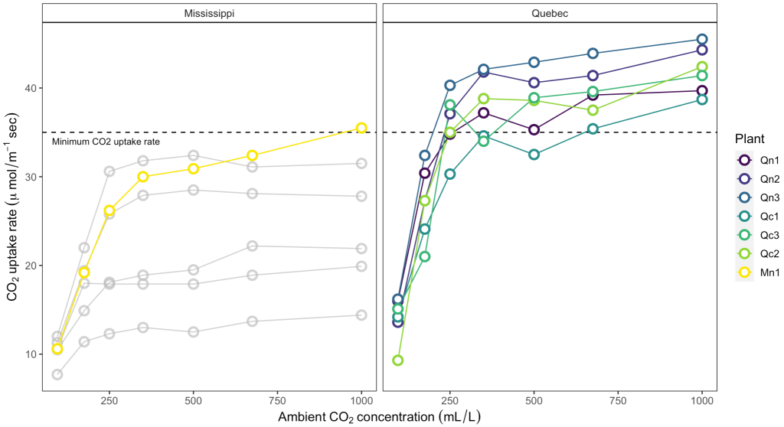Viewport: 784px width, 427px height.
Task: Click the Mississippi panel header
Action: (209, 13)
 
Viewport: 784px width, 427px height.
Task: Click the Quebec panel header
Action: (549, 13)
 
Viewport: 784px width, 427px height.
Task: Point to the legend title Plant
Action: (749, 139)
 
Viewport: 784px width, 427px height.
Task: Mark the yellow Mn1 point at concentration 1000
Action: (361, 129)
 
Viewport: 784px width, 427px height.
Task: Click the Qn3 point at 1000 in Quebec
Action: (701, 39)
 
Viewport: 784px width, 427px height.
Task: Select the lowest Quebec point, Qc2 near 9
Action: (397, 360)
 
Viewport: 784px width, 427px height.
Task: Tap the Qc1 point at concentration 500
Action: (534, 155)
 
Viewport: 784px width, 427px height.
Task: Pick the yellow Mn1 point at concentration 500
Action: (193, 168)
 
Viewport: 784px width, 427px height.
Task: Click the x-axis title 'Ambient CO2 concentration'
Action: (379, 416)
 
